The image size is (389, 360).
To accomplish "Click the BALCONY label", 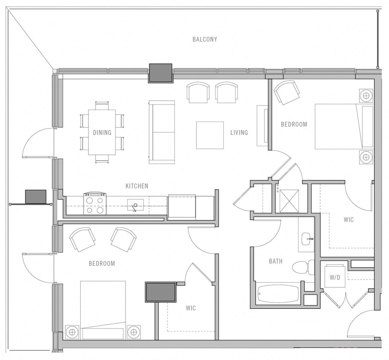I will (205, 39).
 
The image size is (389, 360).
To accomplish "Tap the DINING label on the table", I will (102, 132).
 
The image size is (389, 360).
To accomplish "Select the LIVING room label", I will (239, 132).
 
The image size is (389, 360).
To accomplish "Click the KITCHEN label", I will (137, 186).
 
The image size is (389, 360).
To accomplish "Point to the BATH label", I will (275, 261).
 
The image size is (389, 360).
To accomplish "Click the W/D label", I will (335, 277).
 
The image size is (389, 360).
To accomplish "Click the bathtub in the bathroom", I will (279, 293).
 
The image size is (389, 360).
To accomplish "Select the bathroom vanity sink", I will (307, 239).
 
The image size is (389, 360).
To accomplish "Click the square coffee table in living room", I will (210, 135).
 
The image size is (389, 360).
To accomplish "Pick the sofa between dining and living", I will (161, 132).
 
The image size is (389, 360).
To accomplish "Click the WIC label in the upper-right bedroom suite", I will (348, 220).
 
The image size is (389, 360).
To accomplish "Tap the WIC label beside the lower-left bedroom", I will (190, 308).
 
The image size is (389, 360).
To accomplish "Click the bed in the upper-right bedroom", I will (344, 127).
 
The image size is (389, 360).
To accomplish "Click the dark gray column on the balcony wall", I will (160, 73).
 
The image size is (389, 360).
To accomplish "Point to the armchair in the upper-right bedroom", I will (285, 93).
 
